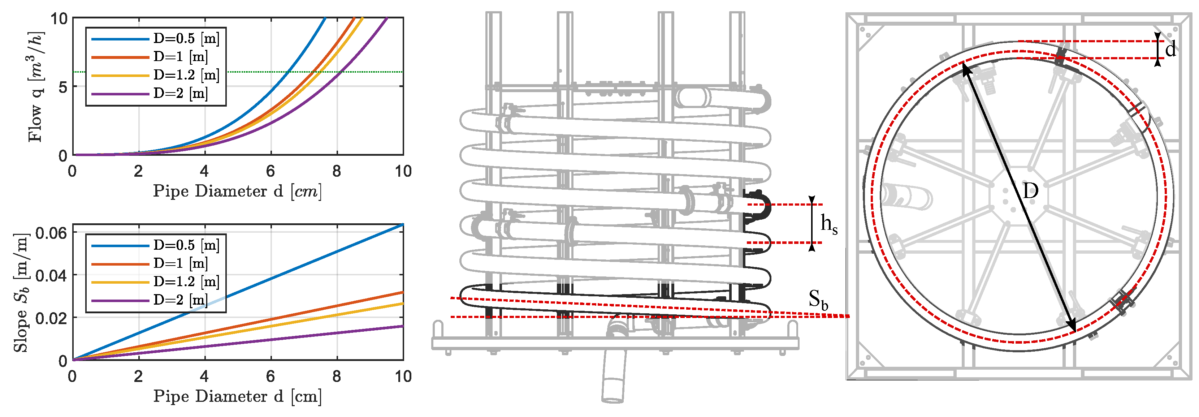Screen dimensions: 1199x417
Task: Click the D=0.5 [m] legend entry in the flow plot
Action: click(x=155, y=39)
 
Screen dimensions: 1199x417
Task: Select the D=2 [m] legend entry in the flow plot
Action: click(x=150, y=94)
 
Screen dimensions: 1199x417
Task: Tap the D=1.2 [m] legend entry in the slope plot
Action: click(x=155, y=282)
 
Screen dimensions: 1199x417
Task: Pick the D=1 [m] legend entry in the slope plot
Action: click(x=150, y=264)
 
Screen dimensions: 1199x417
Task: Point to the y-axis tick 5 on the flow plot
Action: click(x=63, y=87)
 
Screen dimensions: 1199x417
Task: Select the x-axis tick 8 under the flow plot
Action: click(x=337, y=171)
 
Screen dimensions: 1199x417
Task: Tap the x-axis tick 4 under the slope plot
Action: click(x=204, y=376)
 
